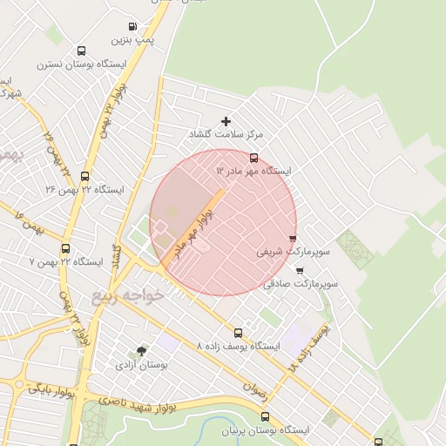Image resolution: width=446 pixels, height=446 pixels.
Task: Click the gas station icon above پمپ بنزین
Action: coord(132,27)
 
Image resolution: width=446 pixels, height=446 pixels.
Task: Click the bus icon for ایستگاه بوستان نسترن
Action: coord(81,51)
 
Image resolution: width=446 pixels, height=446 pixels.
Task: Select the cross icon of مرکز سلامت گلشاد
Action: coord(226,121)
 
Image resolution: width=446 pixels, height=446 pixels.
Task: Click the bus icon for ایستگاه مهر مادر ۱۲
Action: coord(253,159)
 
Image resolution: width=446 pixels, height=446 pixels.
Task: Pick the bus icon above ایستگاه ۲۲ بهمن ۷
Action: coord(66,248)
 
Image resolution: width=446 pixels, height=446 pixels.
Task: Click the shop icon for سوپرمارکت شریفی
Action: coord(293,238)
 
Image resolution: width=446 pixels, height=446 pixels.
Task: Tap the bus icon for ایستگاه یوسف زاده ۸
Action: coord(239,333)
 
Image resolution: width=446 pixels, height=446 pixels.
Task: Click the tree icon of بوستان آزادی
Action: coord(141,352)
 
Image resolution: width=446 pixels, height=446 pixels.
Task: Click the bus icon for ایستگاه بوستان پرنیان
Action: coord(266,416)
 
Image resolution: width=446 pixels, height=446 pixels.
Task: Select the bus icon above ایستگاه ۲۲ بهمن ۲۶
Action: coord(84,176)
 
